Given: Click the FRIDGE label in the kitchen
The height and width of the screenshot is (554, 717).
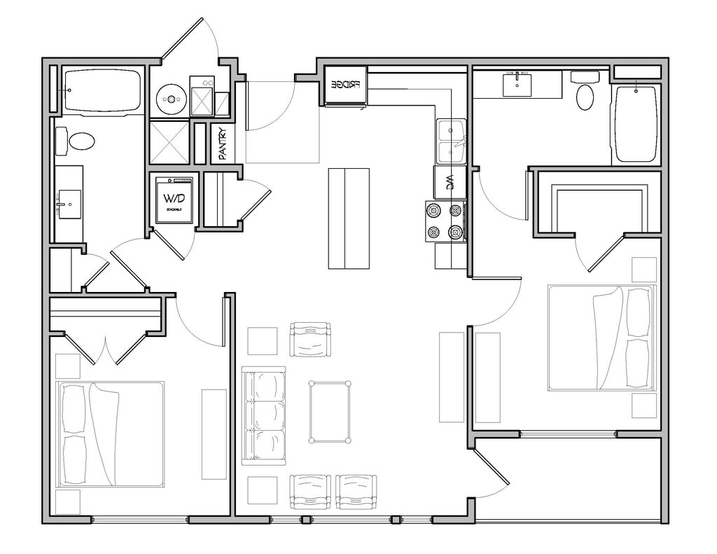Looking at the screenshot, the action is pyautogui.click(x=345, y=85).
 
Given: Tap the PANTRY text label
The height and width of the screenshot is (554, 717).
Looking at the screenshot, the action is pyautogui.click(x=223, y=143).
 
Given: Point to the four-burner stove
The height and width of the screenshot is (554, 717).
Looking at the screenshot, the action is pyautogui.click(x=446, y=221).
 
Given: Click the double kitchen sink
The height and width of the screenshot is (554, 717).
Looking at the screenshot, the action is pyautogui.click(x=451, y=141).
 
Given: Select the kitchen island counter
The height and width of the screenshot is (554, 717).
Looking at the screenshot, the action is pyautogui.click(x=349, y=219).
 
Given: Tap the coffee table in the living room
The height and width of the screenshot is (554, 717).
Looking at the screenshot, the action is pyautogui.click(x=330, y=412).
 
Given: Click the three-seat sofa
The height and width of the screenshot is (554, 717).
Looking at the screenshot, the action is pyautogui.click(x=264, y=415).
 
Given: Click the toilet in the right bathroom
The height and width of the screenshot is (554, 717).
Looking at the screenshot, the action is pyautogui.click(x=585, y=95).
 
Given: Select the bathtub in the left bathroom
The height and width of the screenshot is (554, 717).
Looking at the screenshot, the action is pyautogui.click(x=102, y=90).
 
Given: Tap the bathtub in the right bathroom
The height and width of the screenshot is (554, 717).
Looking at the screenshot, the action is pyautogui.click(x=636, y=124).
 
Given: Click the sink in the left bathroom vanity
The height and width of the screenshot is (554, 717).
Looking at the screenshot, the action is pyautogui.click(x=69, y=204).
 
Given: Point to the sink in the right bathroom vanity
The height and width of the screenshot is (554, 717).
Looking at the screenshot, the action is pyautogui.click(x=517, y=85).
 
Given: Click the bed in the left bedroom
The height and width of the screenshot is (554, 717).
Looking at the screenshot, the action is pyautogui.click(x=111, y=434).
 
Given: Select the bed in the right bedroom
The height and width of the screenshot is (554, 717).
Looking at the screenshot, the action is pyautogui.click(x=601, y=338).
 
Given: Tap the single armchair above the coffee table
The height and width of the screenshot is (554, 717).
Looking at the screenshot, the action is pyautogui.click(x=310, y=340).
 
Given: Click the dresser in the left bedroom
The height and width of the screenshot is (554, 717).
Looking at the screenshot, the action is pyautogui.click(x=214, y=434).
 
